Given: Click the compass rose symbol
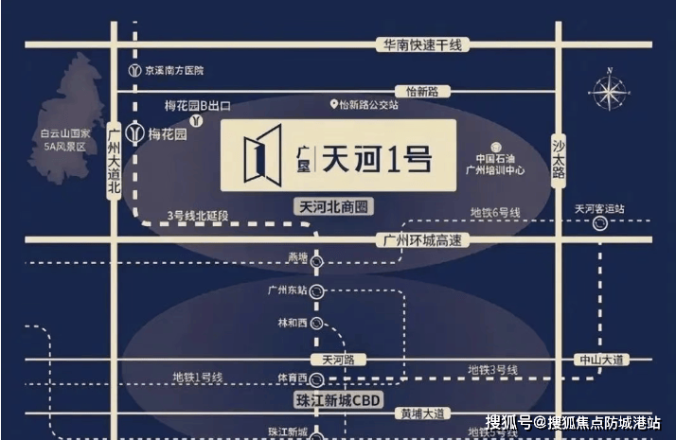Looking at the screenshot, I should pos(606,91).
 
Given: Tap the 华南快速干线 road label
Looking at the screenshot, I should pos(416,44).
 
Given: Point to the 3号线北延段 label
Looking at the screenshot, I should pos(198,216).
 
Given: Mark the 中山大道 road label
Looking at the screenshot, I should pos(604,361).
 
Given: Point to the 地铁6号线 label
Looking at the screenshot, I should pos(495,213).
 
